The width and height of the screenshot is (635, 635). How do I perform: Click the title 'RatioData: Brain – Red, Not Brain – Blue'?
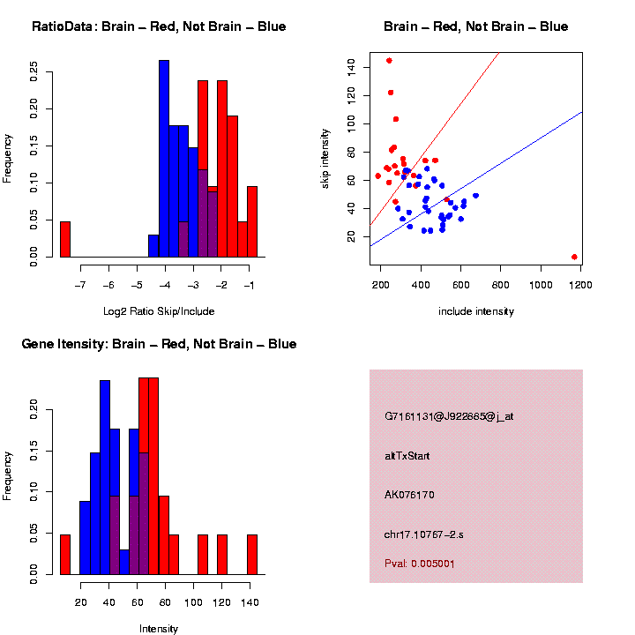tap(159, 26)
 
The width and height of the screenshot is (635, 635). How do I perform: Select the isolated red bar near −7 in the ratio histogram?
tap(64, 239)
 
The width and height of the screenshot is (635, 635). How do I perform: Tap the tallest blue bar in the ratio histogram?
tap(164, 159)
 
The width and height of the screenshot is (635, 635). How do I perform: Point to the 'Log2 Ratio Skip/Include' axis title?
tap(159, 311)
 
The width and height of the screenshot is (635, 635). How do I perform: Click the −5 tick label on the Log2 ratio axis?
tap(137, 285)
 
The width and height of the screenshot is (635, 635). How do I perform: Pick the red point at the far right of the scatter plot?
tap(574, 257)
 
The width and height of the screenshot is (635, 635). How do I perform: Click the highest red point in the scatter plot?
tap(389, 61)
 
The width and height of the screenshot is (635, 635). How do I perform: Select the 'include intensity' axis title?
tap(476, 311)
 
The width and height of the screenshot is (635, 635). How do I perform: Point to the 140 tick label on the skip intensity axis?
tap(351, 65)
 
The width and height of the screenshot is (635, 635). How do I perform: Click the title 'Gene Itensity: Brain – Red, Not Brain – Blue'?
tap(159, 344)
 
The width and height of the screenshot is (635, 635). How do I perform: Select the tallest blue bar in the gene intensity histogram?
tap(105, 477)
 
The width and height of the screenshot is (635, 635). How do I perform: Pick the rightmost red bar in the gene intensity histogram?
tap(251, 555)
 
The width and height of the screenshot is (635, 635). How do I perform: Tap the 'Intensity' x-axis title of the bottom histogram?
tap(159, 629)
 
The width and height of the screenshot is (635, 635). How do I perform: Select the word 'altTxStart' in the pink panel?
tap(407, 456)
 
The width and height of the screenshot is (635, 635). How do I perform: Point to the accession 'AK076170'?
tap(409, 495)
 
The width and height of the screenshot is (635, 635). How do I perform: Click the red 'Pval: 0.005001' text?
tap(420, 564)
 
